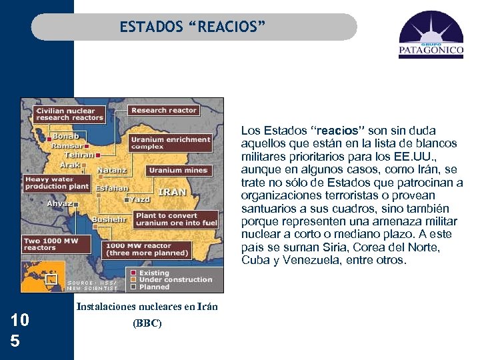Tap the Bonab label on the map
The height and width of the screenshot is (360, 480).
pos(65,136)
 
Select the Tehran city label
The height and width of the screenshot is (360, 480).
pos(79,154)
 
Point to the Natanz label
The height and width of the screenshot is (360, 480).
pos(111,170)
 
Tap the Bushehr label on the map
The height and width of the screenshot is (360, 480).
pos(107,219)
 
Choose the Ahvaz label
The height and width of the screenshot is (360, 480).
pos(59,203)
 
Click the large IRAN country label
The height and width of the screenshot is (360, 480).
pos(172,192)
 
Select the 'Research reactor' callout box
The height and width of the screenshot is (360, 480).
pos(163,110)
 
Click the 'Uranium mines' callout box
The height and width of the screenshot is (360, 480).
pos(178,170)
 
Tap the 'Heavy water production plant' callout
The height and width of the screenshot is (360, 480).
pos(55,183)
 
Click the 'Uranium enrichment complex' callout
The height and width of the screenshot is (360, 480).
pos(170,143)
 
